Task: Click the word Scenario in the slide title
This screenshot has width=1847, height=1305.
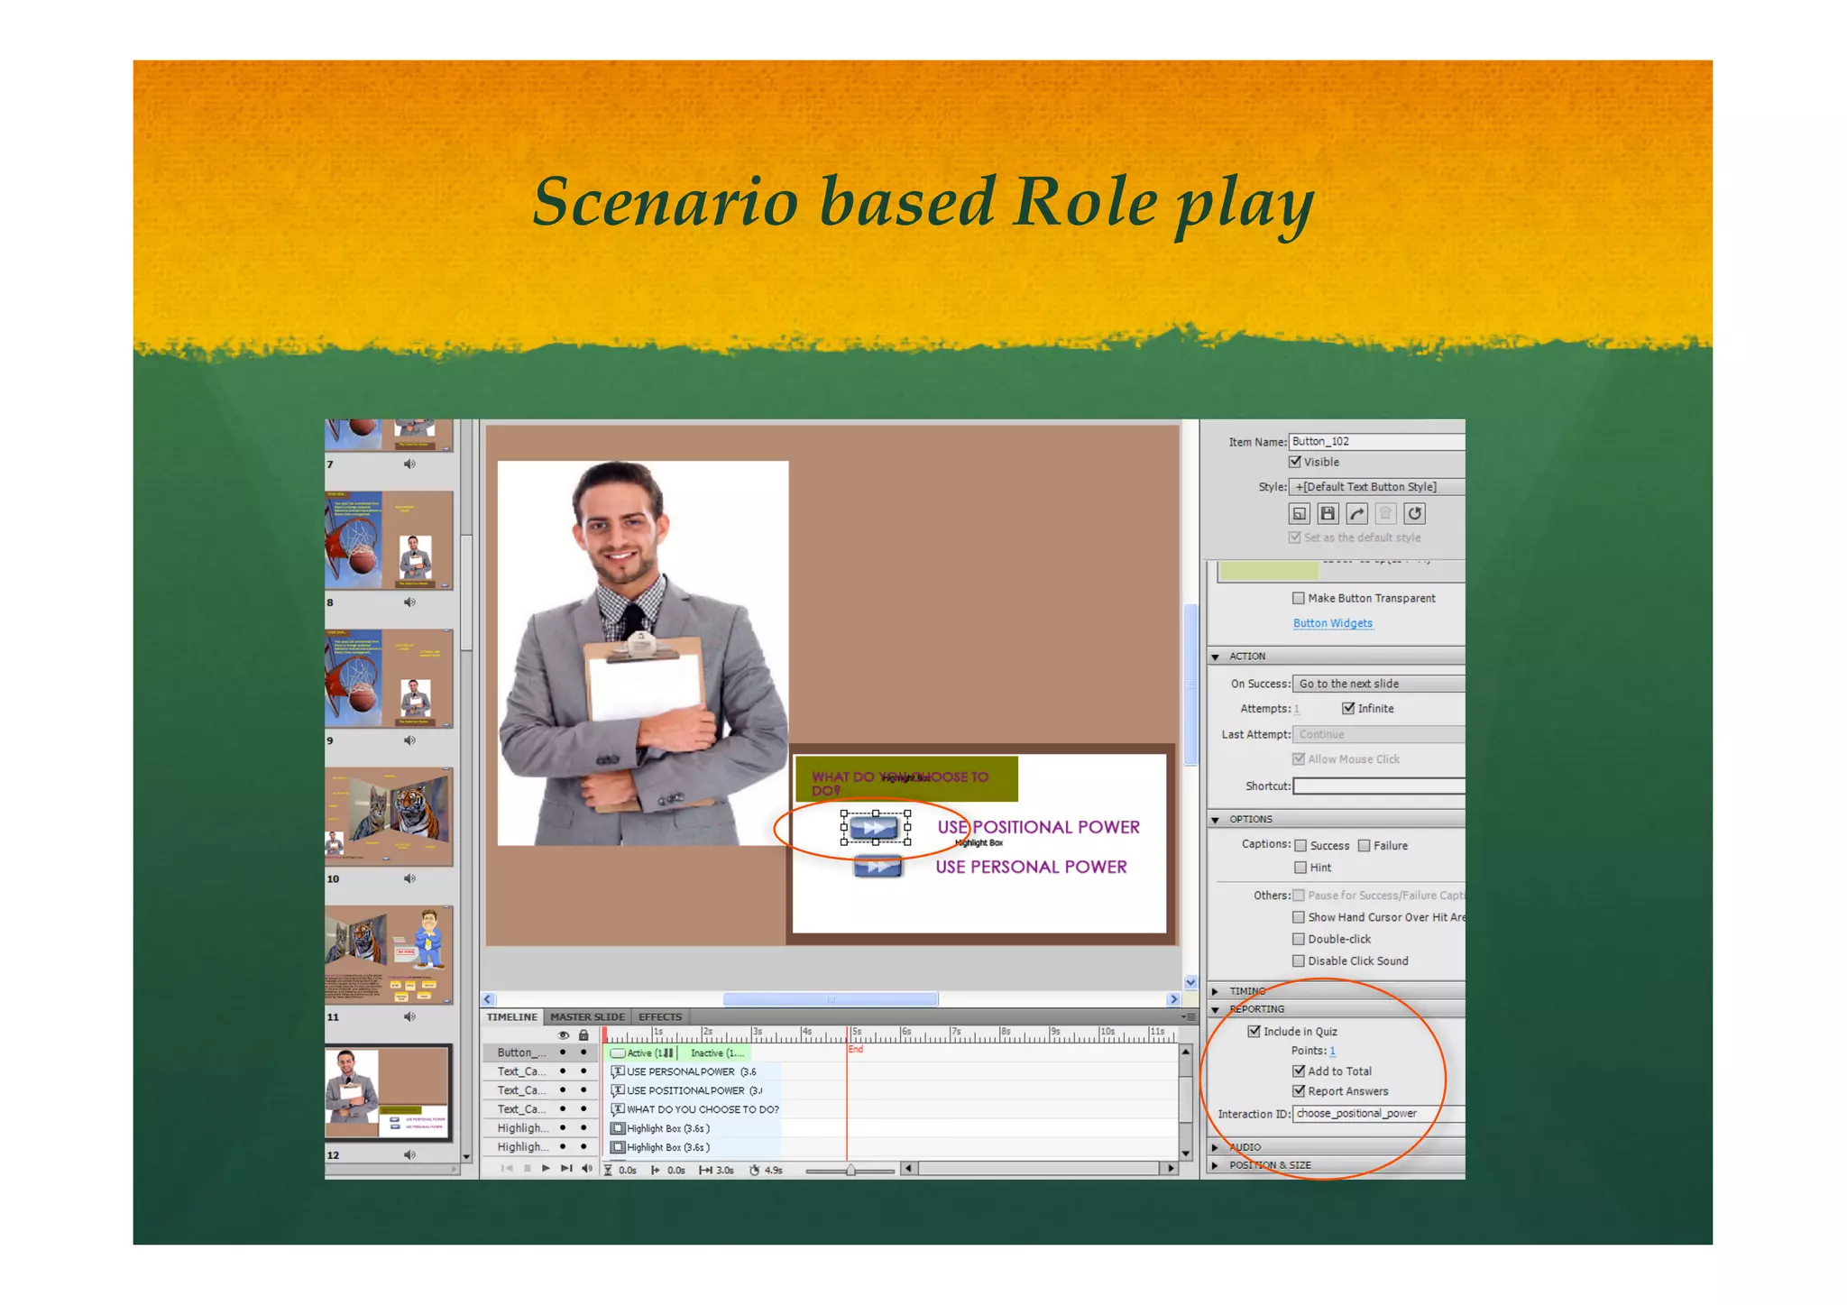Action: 666,201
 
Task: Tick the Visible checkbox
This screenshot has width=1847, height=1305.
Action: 1295,462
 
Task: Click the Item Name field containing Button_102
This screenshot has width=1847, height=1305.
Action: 1375,441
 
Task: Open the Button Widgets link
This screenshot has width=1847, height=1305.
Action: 1332,623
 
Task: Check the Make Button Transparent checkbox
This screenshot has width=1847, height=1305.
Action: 1299,598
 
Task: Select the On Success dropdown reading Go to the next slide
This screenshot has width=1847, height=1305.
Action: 1377,684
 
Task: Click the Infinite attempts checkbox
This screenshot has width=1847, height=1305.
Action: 1348,708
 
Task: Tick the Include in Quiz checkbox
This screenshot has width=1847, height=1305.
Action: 1254,1031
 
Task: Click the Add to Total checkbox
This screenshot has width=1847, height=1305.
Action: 1299,1071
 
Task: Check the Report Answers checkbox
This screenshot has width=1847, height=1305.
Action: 1299,1091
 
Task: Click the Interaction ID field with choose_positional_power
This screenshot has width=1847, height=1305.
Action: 1377,1114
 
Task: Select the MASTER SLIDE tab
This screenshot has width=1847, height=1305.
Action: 587,1016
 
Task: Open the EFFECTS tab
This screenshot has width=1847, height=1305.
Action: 660,1016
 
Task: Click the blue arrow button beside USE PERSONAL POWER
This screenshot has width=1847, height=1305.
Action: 878,867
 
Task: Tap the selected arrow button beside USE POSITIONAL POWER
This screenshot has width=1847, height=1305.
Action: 875,827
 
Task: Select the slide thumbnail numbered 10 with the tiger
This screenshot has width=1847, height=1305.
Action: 389,817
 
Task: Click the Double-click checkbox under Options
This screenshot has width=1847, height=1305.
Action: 1299,939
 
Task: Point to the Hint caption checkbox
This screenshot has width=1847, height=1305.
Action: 1300,868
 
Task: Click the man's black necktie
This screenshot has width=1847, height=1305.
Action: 634,617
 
